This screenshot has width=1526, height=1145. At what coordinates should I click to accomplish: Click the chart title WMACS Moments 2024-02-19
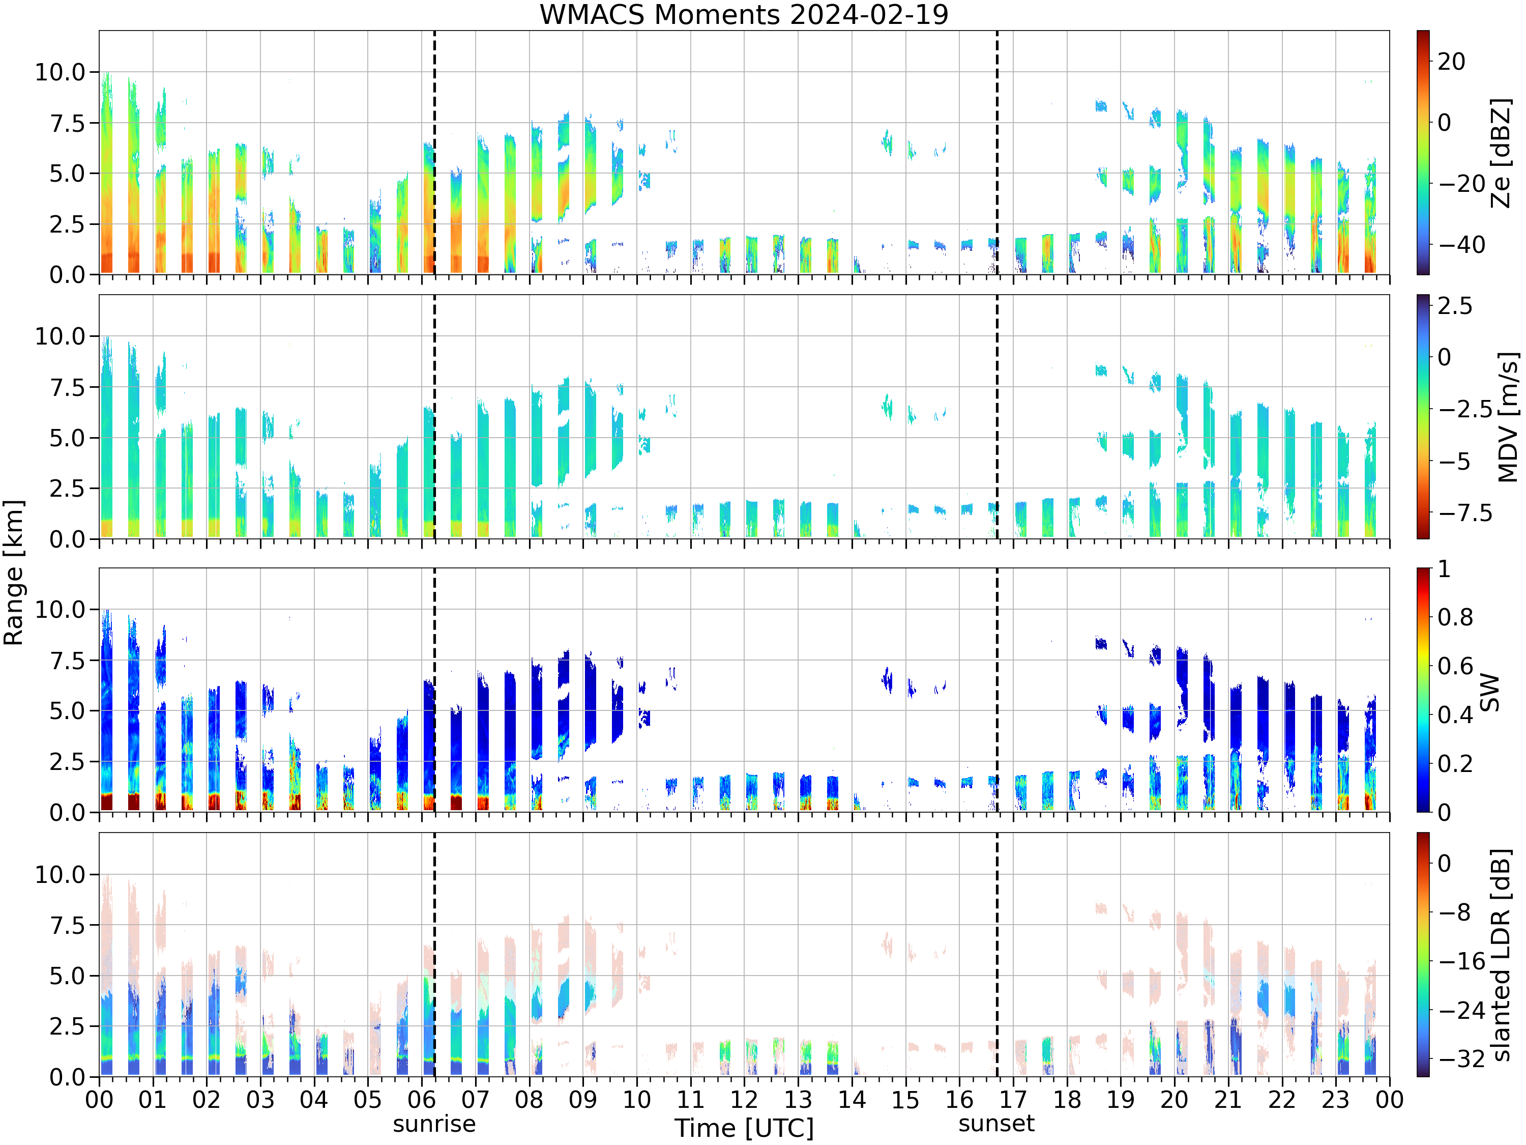click(744, 14)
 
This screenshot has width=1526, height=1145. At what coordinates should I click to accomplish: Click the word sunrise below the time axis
click(434, 1124)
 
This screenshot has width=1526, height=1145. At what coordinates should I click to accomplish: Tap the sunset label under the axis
click(996, 1124)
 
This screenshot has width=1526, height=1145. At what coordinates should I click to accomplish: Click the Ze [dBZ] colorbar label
click(1501, 153)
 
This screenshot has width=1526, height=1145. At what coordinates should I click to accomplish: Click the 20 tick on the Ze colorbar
click(1452, 62)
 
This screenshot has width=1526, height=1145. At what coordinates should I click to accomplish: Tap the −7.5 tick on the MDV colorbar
click(1464, 513)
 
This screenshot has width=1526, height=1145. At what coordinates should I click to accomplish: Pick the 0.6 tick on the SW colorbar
click(1455, 666)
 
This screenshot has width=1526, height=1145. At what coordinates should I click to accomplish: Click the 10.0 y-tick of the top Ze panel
click(60, 72)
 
